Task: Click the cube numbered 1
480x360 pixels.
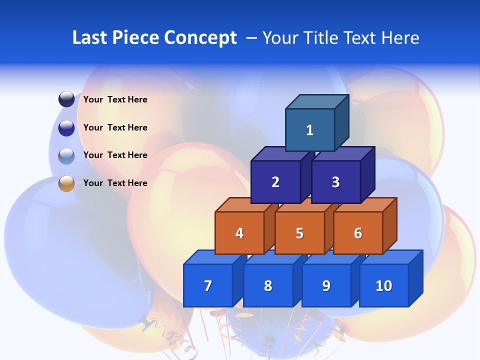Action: pos(310,130)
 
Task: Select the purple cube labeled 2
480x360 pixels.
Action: pos(275,182)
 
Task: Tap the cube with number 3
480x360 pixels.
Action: pos(335,182)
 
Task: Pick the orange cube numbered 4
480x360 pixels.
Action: pos(239,233)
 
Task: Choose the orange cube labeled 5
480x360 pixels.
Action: pos(299,233)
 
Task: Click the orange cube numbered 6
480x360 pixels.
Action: pos(358,233)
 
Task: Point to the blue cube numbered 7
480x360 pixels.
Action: pos(208,285)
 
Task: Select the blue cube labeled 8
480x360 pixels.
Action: pos(268,285)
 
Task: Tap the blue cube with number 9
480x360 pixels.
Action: pos(326,285)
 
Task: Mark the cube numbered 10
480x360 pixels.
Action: pos(383,285)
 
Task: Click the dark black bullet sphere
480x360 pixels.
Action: pos(66,99)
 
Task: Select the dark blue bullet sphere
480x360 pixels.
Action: pos(66,128)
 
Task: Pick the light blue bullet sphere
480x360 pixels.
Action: pos(66,156)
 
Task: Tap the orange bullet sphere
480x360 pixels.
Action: pos(66,183)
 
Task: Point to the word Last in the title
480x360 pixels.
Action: pos(90,37)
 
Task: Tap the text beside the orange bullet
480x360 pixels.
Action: pos(115,183)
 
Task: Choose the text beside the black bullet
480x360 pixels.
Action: pos(115,99)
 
